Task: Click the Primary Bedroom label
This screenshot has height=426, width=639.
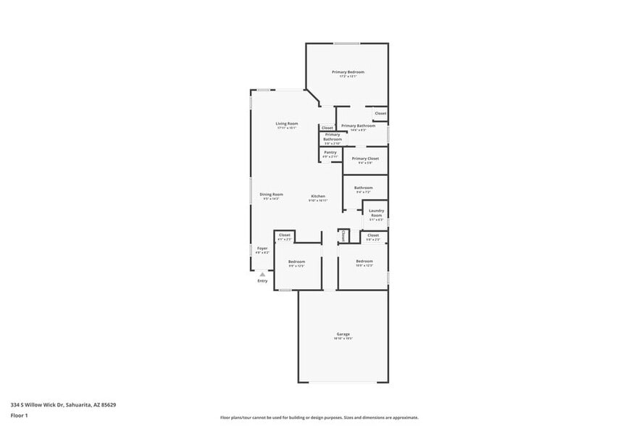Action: pyautogui.click(x=348, y=72)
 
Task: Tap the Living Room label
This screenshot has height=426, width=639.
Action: pyautogui.click(x=286, y=124)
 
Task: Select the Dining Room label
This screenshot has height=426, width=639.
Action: pyautogui.click(x=272, y=194)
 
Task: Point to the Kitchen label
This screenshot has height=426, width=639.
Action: pyautogui.click(x=318, y=196)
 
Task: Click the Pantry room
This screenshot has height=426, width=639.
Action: pyautogui.click(x=330, y=153)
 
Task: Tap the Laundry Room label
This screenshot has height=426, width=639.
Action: pyautogui.click(x=376, y=214)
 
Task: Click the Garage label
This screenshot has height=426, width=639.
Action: pyautogui.click(x=343, y=334)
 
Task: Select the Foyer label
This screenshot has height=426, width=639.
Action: pyautogui.click(x=262, y=248)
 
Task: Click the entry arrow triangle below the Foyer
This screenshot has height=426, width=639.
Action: pyautogui.click(x=262, y=275)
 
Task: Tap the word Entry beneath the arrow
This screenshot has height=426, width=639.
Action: pyautogui.click(x=262, y=281)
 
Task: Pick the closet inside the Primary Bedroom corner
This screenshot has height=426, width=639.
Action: pyautogui.click(x=380, y=114)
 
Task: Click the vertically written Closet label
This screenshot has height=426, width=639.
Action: pyautogui.click(x=343, y=236)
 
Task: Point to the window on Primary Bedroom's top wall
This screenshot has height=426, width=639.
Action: pyautogui.click(x=346, y=43)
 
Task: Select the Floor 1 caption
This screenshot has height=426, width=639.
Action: pyautogui.click(x=19, y=415)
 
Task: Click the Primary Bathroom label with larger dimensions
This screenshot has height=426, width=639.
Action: pyautogui.click(x=358, y=126)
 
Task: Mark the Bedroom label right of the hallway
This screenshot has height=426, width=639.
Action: pyautogui.click(x=364, y=261)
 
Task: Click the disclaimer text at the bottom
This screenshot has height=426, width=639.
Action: pyautogui.click(x=319, y=418)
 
